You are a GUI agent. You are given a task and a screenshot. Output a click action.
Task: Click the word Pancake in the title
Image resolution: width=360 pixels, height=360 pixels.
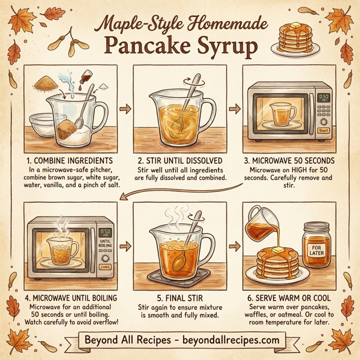[x=142, y=47]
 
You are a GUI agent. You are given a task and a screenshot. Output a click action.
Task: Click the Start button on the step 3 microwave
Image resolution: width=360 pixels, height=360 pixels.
[x=323, y=130]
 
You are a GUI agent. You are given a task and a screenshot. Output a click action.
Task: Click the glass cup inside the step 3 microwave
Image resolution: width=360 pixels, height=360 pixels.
[x=280, y=113]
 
